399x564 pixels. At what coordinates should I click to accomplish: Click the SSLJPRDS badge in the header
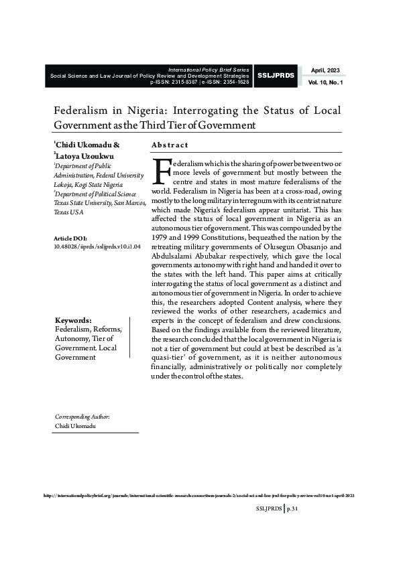pos(276,76)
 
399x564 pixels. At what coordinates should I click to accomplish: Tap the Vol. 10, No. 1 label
pos(325,82)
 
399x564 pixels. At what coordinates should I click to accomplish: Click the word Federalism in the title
pos(81,111)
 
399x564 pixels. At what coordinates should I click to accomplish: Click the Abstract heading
pos(170,145)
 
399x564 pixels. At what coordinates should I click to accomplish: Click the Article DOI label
pos(70,238)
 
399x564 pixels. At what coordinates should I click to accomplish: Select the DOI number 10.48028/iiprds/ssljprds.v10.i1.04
pos(97,246)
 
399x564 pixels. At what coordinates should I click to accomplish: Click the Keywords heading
pos(72,320)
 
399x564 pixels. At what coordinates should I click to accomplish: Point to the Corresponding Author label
pos(82,417)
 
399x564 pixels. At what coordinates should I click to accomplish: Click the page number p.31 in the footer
pos(291,509)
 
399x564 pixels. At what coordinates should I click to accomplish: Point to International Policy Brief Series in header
pos(209,69)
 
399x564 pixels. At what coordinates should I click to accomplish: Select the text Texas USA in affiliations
pos(68,212)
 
